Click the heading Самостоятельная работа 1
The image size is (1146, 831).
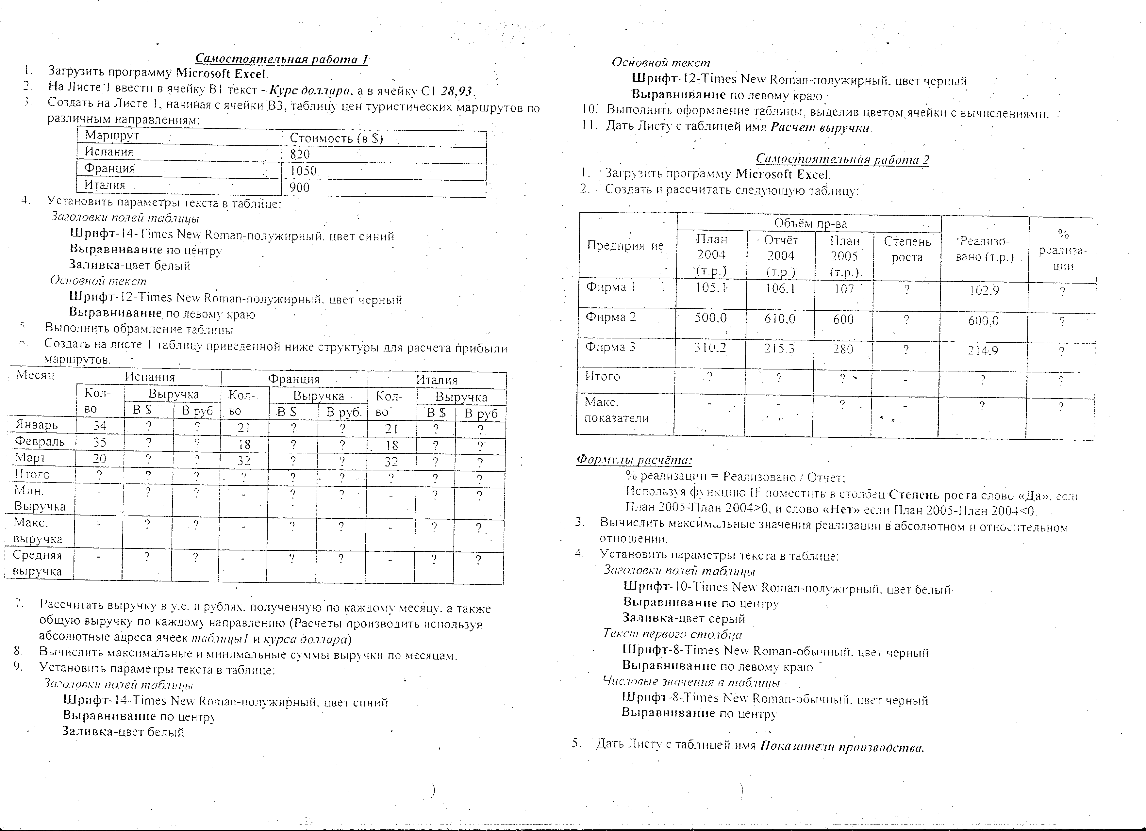click(281, 59)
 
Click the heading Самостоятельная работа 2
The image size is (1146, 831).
click(842, 160)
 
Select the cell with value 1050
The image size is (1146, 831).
click(303, 171)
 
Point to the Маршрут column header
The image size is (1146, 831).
click(112, 135)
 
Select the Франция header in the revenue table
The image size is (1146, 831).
click(293, 379)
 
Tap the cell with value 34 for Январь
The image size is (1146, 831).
click(100, 426)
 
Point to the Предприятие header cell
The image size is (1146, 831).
click(625, 246)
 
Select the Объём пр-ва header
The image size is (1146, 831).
click(810, 223)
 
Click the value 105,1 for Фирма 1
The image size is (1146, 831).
click(711, 288)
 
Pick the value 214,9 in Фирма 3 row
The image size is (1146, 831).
click(983, 350)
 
